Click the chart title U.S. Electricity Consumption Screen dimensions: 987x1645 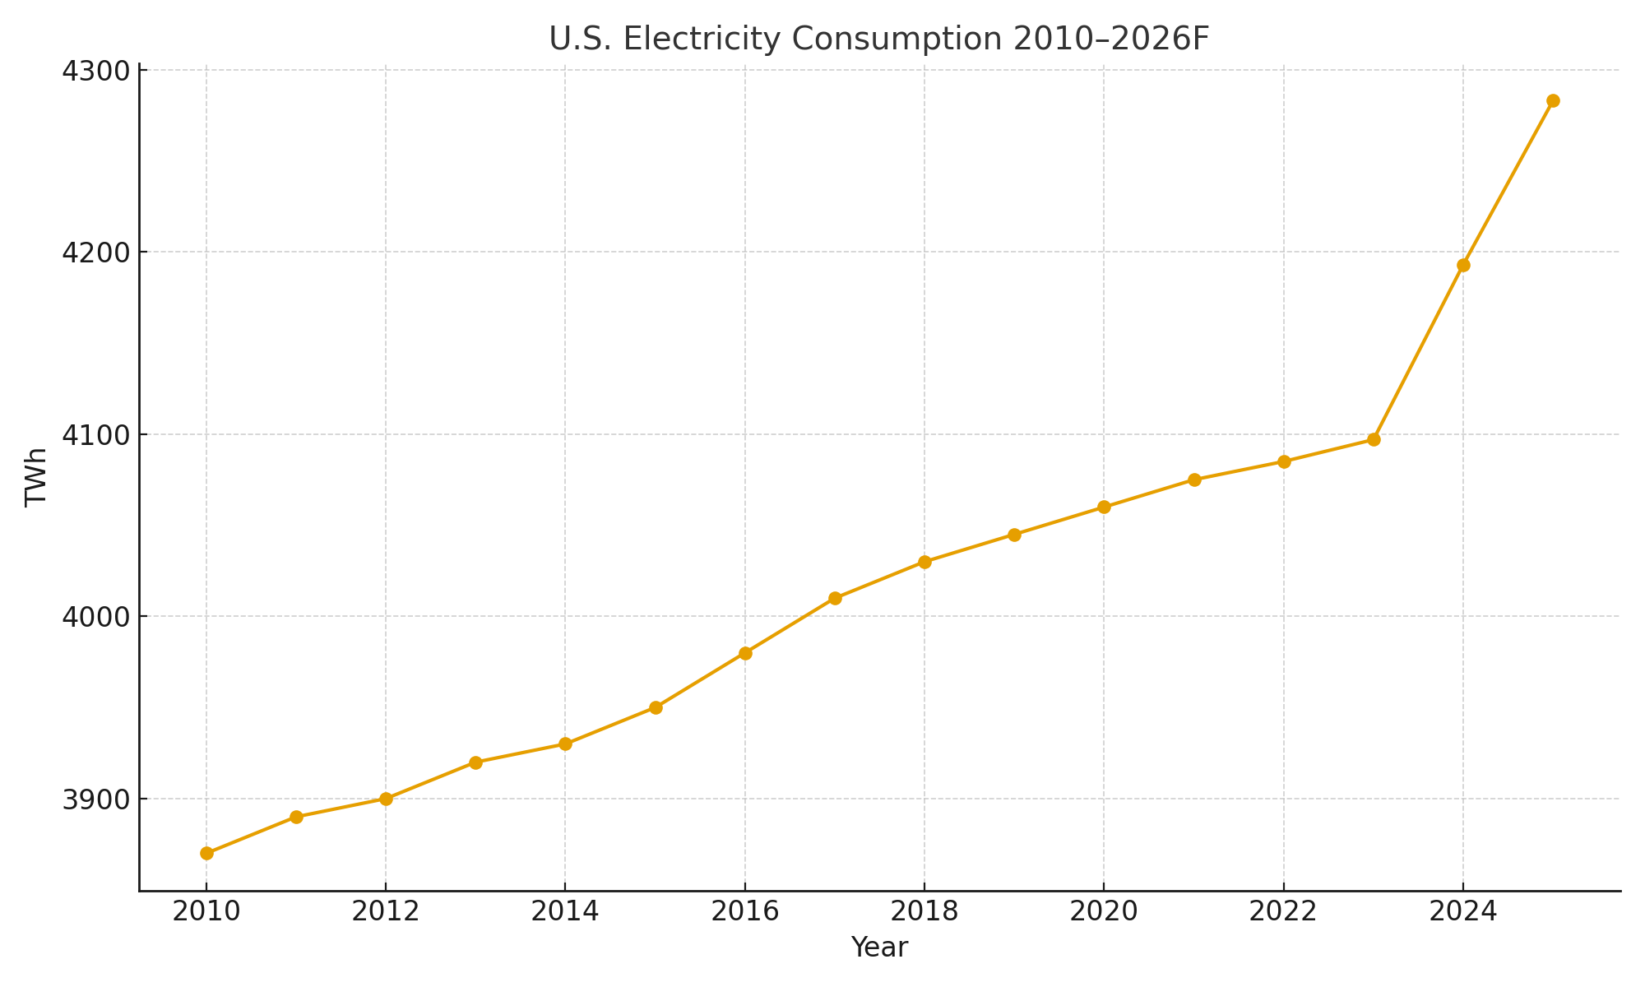879,39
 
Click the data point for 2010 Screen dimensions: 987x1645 206,853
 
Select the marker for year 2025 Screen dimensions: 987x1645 1553,101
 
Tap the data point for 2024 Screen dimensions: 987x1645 1463,265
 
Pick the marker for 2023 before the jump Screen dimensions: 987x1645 1374,439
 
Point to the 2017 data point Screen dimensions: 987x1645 835,598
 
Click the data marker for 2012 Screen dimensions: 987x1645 386,799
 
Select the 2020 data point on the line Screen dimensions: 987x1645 1104,507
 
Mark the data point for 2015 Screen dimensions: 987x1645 656,707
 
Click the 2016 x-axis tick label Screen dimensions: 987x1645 744,911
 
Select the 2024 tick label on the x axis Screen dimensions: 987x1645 1463,911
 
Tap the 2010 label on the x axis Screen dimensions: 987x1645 206,911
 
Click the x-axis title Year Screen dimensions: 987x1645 879,948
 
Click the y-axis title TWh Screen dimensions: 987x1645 36,477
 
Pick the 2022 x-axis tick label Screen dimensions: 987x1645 1283,911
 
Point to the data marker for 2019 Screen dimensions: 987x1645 1014,535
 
